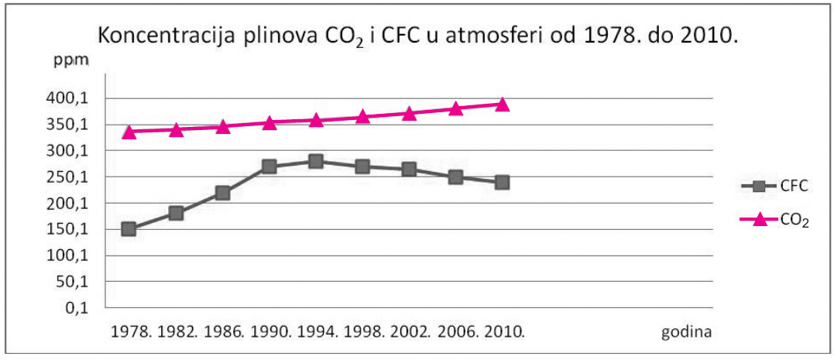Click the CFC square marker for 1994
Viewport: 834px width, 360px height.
pos(316,161)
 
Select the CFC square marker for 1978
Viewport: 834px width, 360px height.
pos(129,229)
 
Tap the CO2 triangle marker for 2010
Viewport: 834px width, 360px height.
pos(502,105)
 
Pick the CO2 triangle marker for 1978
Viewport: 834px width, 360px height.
pos(129,132)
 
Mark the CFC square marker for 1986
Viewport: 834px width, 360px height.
pos(223,193)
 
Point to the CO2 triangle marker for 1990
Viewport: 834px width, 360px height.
pos(269,123)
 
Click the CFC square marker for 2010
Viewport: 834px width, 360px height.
pos(502,183)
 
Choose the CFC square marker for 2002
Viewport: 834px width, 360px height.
pos(409,169)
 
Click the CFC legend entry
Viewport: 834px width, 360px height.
pos(774,187)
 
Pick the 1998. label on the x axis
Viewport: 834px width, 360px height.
pos(363,332)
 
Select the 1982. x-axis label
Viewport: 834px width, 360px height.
pos(177,332)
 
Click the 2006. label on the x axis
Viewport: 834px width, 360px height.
pos(457,332)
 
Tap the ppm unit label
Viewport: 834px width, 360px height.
pos(70,61)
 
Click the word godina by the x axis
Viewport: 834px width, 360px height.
pos(686,334)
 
